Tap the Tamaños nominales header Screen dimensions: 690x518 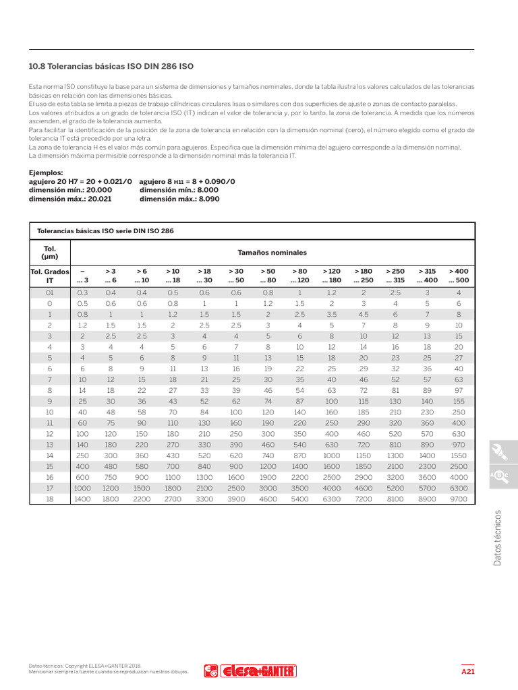click(271, 253)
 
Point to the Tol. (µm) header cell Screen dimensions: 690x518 click(49, 253)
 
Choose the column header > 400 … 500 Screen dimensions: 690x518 click(458, 276)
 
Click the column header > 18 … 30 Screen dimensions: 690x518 click(204, 276)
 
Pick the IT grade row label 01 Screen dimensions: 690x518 click(49, 292)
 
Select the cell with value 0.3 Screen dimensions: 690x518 click(83, 292)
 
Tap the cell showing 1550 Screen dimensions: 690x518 click(458, 456)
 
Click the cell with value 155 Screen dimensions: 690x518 click(458, 400)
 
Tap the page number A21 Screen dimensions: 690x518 click(468, 672)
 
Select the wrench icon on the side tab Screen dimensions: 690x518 click(500, 451)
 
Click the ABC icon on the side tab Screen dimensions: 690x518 click(500, 476)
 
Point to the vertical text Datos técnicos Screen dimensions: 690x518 click(498, 537)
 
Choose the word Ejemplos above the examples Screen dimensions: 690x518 click(46, 173)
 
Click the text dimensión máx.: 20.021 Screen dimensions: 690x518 click(71, 199)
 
